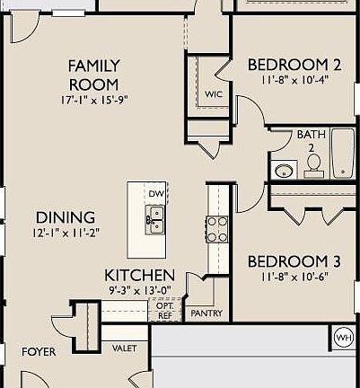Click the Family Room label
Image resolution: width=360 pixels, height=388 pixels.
click(94, 75)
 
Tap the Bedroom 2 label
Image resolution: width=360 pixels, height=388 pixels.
click(294, 65)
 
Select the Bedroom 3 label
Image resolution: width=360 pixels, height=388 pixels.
click(294, 261)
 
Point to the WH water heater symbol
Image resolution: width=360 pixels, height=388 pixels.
click(343, 337)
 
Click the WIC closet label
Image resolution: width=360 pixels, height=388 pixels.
click(213, 94)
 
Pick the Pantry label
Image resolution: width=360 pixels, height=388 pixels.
click(206, 314)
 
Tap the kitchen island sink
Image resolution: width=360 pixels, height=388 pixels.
click(154, 217)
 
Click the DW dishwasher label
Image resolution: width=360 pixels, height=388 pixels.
click(155, 194)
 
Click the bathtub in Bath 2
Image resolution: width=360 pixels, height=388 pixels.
click(342, 154)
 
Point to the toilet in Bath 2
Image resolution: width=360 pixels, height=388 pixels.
click(314, 163)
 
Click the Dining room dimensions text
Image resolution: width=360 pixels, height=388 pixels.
click(66, 233)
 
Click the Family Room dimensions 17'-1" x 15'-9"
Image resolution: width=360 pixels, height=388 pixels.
click(94, 98)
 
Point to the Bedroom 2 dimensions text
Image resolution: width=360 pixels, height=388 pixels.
click(294, 79)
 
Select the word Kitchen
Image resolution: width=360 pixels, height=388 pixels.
click(139, 274)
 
